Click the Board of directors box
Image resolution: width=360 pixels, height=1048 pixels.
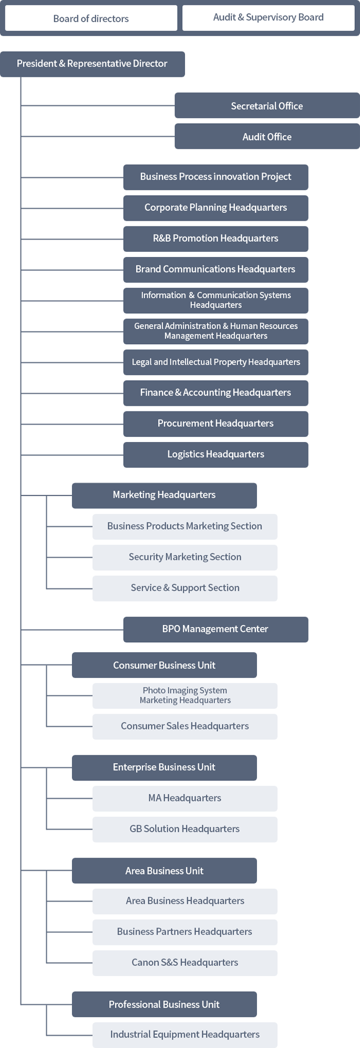click(91, 18)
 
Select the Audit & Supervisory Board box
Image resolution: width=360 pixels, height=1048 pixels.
click(268, 18)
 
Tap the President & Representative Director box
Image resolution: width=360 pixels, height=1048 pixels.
click(92, 64)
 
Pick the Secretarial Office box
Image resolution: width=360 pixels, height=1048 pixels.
click(267, 106)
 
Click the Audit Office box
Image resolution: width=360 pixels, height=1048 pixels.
click(267, 137)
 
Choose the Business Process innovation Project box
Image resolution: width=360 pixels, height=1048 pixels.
click(215, 177)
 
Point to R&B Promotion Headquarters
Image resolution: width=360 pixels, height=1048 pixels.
click(215, 238)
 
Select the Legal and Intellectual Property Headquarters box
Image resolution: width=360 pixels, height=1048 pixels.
click(215, 362)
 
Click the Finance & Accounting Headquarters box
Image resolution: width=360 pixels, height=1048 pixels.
click(215, 393)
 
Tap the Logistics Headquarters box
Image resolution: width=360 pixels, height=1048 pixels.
click(215, 454)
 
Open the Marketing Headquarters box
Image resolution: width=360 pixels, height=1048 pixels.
click(164, 495)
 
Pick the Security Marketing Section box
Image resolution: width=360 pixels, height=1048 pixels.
click(185, 557)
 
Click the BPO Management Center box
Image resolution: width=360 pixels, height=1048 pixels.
click(215, 629)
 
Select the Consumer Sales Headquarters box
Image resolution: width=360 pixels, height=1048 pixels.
click(185, 726)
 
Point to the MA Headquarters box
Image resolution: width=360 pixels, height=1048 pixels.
click(185, 798)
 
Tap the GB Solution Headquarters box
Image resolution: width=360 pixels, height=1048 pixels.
click(185, 829)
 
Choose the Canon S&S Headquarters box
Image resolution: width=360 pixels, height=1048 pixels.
click(185, 962)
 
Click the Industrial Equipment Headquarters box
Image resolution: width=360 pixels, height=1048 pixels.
click(185, 1034)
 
